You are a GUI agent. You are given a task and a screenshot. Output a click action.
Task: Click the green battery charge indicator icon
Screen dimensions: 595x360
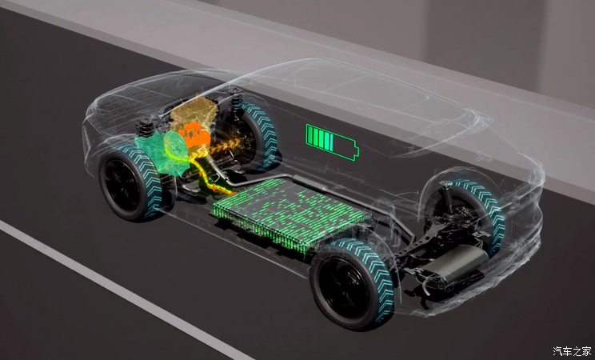[x=332, y=142]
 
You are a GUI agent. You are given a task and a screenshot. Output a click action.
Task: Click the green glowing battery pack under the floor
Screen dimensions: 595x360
[x=291, y=214]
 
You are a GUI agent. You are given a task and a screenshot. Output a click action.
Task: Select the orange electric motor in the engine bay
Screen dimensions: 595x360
[x=194, y=135]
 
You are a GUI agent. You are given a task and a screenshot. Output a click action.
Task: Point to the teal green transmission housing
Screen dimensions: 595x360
[x=162, y=153]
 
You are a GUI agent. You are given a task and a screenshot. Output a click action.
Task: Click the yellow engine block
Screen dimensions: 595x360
[x=194, y=112]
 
